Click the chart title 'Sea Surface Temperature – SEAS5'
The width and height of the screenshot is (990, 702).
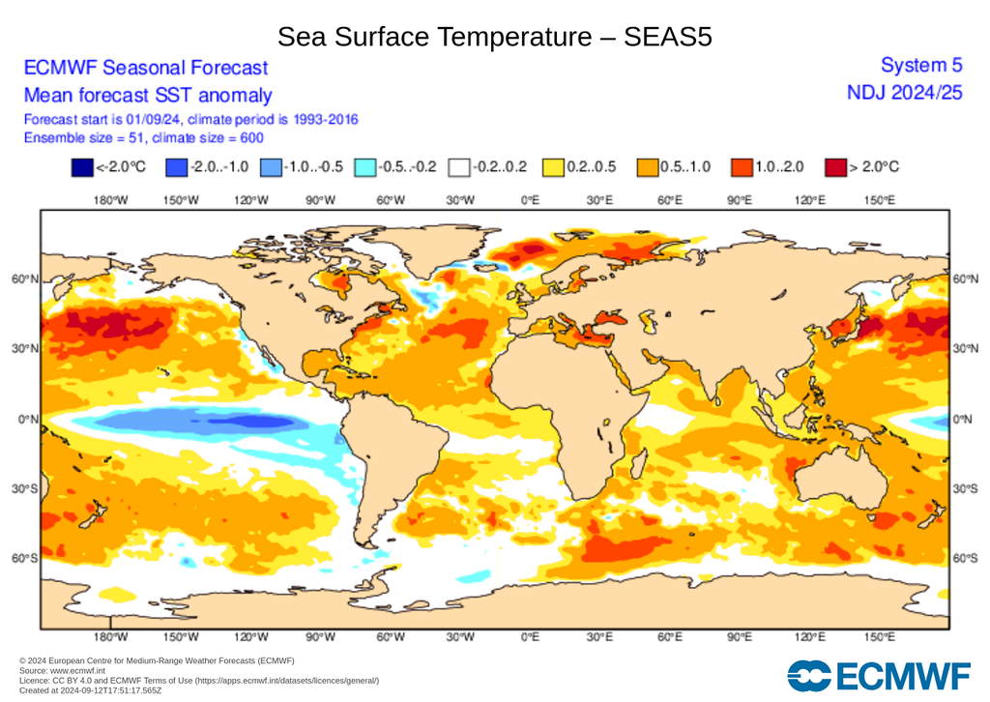(495, 37)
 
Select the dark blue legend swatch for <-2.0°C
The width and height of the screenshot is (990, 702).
(82, 167)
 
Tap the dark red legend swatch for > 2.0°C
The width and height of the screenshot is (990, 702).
(834, 167)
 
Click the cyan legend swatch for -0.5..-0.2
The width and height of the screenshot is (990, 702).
(364, 167)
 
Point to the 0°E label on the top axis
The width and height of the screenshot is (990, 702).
(530, 200)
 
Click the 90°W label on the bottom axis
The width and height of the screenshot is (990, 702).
(320, 637)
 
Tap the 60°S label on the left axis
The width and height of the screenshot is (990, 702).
(24, 559)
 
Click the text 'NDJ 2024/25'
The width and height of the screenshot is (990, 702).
(905, 92)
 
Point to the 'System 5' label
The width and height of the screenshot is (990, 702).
(921, 66)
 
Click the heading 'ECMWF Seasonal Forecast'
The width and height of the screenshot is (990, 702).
(145, 68)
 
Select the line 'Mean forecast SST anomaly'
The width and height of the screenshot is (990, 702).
(147, 96)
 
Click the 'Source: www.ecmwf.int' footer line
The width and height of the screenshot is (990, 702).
(62, 670)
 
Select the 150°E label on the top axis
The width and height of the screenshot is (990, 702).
(879, 200)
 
